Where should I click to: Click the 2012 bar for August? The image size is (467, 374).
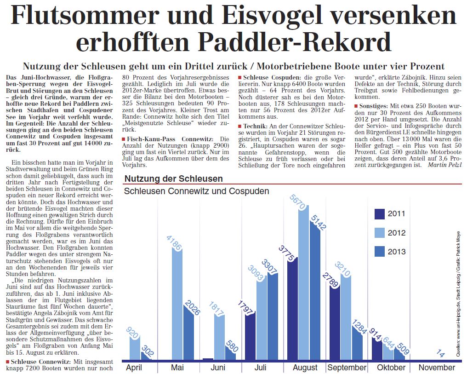point(303,285)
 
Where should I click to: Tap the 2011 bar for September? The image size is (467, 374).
point(335,322)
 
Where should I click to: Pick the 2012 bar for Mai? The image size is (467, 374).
point(177,304)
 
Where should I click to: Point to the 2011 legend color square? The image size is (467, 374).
point(379,213)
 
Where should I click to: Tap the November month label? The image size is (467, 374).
point(436,368)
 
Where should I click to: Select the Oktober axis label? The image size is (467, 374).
point(391,368)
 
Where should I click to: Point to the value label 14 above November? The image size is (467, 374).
point(440,354)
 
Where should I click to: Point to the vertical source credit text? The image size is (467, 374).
point(459,290)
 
